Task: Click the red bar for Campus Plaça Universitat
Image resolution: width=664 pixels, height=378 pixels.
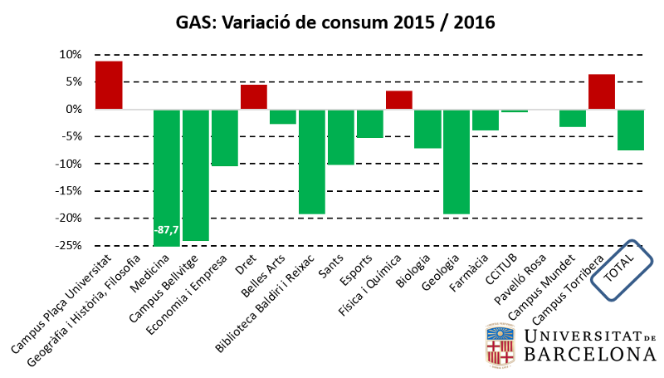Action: (x=109, y=86)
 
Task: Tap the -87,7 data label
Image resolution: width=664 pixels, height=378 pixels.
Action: (x=167, y=229)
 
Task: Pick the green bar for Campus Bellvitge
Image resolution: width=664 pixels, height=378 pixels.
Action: (x=196, y=174)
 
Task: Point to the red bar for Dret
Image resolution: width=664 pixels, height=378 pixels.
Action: (x=254, y=96)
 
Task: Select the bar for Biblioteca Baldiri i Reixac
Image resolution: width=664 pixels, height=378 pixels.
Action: (x=312, y=161)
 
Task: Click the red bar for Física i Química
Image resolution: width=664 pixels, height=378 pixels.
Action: (x=399, y=100)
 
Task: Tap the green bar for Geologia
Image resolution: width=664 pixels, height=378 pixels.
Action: (x=456, y=161)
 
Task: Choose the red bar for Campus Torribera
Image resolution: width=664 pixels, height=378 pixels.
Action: (x=602, y=91)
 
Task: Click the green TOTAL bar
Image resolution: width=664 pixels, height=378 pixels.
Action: (x=631, y=130)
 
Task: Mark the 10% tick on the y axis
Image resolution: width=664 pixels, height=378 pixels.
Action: (x=71, y=55)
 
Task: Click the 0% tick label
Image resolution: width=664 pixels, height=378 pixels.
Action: (x=73, y=110)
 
